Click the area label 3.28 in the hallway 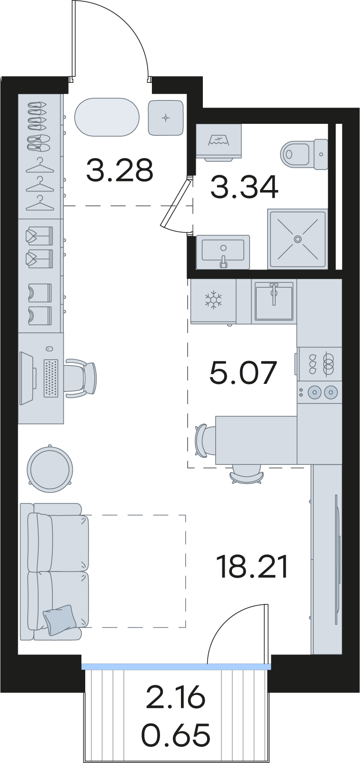(x=120, y=171)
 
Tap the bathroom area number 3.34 (x=245, y=188)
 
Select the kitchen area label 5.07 (x=242, y=373)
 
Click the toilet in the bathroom (x=304, y=154)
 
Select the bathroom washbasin (x=223, y=252)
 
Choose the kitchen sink (x=274, y=301)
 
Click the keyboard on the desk (x=51, y=378)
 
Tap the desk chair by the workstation (x=80, y=378)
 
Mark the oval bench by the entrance (x=107, y=118)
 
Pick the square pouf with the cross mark (x=166, y=118)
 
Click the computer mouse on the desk (x=50, y=349)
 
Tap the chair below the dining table (x=247, y=475)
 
